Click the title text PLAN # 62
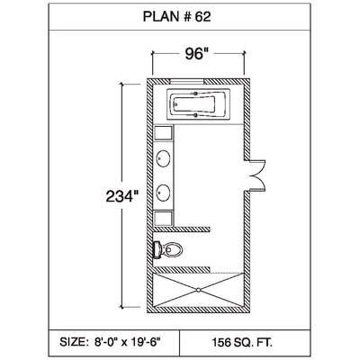point(176,17)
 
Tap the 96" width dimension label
point(196,54)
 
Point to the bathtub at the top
point(198,105)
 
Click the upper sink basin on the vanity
point(164,157)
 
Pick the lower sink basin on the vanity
point(164,192)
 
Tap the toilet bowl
point(174,249)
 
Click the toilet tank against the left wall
point(157,249)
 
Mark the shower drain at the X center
point(198,290)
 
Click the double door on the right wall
point(258,175)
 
